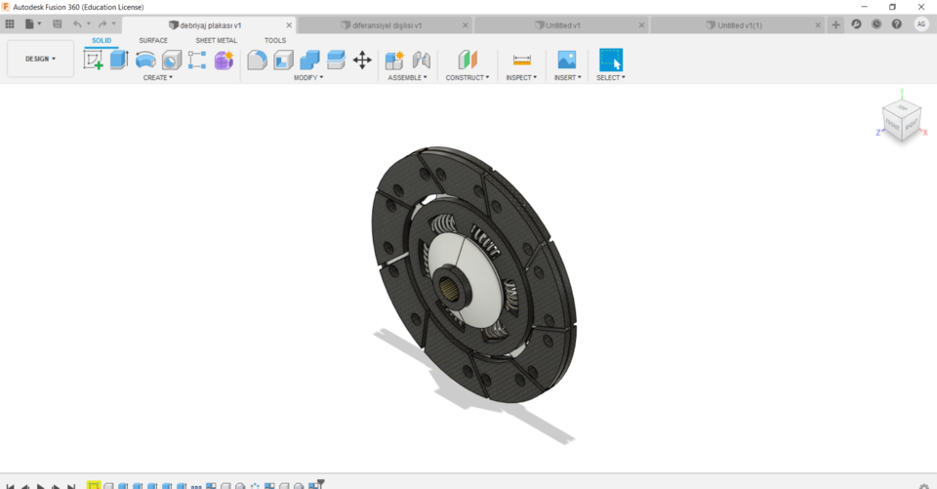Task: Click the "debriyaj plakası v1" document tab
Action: tap(210, 24)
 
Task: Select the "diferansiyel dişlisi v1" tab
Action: tap(387, 24)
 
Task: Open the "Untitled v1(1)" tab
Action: tap(739, 24)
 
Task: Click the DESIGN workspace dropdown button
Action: tap(40, 59)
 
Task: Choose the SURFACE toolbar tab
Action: tap(153, 40)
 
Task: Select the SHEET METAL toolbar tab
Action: tap(216, 40)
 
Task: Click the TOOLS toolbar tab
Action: tap(275, 40)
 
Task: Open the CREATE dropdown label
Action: tap(157, 77)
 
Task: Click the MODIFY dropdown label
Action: tap(307, 77)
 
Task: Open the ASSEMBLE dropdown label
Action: tap(407, 77)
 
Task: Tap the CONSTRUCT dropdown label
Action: tap(468, 77)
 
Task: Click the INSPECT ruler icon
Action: tap(521, 60)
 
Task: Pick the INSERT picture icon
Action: tap(566, 60)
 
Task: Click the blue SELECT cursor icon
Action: tap(610, 60)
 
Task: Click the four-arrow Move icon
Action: tap(362, 60)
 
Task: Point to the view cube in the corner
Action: tap(901, 120)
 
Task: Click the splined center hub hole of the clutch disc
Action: tap(454, 287)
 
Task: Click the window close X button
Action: tap(920, 7)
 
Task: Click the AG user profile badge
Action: tap(920, 24)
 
